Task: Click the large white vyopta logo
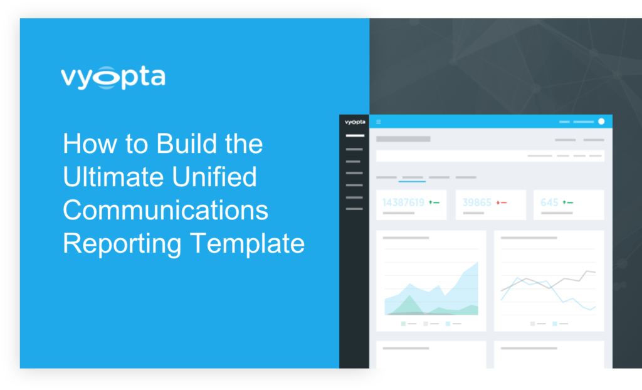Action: coord(113,77)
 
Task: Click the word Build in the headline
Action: coord(186,144)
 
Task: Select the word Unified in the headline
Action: coord(214,177)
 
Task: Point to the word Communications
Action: coord(166,210)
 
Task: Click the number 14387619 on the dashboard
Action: coord(403,203)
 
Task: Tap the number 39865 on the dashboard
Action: coord(476,203)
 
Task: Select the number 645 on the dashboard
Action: coord(549,203)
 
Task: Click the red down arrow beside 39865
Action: coord(498,203)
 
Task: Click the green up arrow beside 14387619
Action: coord(431,203)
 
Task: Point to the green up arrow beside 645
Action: coord(565,203)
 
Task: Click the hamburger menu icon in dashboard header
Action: coord(379,122)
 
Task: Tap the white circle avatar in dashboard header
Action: coord(601,121)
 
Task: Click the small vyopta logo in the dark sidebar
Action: coord(355,122)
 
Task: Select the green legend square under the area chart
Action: coord(403,324)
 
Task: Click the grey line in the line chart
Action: coord(549,283)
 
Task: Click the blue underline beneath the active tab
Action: coord(413,181)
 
